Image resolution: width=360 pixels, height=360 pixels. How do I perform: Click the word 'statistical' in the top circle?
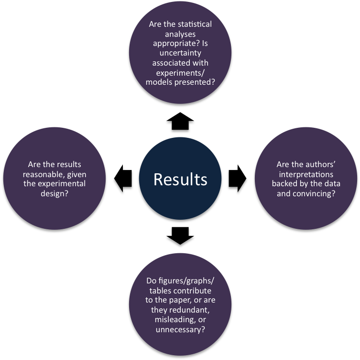[193, 24]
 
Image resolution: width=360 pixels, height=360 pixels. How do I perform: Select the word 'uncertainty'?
[180, 53]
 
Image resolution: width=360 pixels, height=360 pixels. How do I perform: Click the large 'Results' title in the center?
[180, 179]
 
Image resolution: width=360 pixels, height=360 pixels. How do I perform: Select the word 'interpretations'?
[306, 174]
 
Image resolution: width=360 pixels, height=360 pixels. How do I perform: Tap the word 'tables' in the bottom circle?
[160, 291]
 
